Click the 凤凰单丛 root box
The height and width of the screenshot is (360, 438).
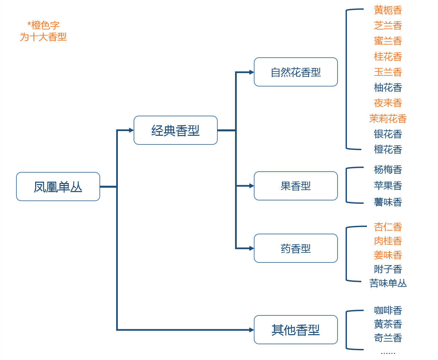pyautogui.click(x=58, y=187)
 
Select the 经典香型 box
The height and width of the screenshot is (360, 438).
pyautogui.click(x=175, y=130)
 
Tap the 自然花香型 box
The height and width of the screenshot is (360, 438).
pyautogui.click(x=296, y=72)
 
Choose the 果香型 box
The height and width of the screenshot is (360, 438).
pyautogui.click(x=296, y=186)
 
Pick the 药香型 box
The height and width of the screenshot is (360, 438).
pyautogui.click(x=296, y=248)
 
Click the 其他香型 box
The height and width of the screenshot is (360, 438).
pyautogui.click(x=296, y=330)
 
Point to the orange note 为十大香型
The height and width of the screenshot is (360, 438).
pyautogui.click(x=43, y=37)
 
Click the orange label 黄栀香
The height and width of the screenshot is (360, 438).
pyautogui.click(x=388, y=10)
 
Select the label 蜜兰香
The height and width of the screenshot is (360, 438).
pyautogui.click(x=388, y=41)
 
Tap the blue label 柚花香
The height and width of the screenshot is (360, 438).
pyautogui.click(x=388, y=87)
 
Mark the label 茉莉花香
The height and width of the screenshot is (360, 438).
pyautogui.click(x=388, y=119)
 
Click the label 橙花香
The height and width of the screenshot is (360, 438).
pyautogui.click(x=388, y=149)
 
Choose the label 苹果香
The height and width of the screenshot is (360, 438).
pyautogui.click(x=388, y=186)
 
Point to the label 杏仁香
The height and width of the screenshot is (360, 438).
pyautogui.click(x=388, y=227)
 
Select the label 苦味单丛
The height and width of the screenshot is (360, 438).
pyautogui.click(x=388, y=283)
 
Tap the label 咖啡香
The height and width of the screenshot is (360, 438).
pyautogui.click(x=388, y=310)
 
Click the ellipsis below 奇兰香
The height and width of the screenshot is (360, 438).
pyautogui.click(x=388, y=353)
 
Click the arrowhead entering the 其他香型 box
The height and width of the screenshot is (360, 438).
pyautogui.click(x=251, y=330)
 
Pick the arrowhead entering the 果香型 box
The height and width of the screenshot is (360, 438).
pyautogui.click(x=251, y=186)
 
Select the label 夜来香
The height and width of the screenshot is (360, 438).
pyautogui.click(x=388, y=103)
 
